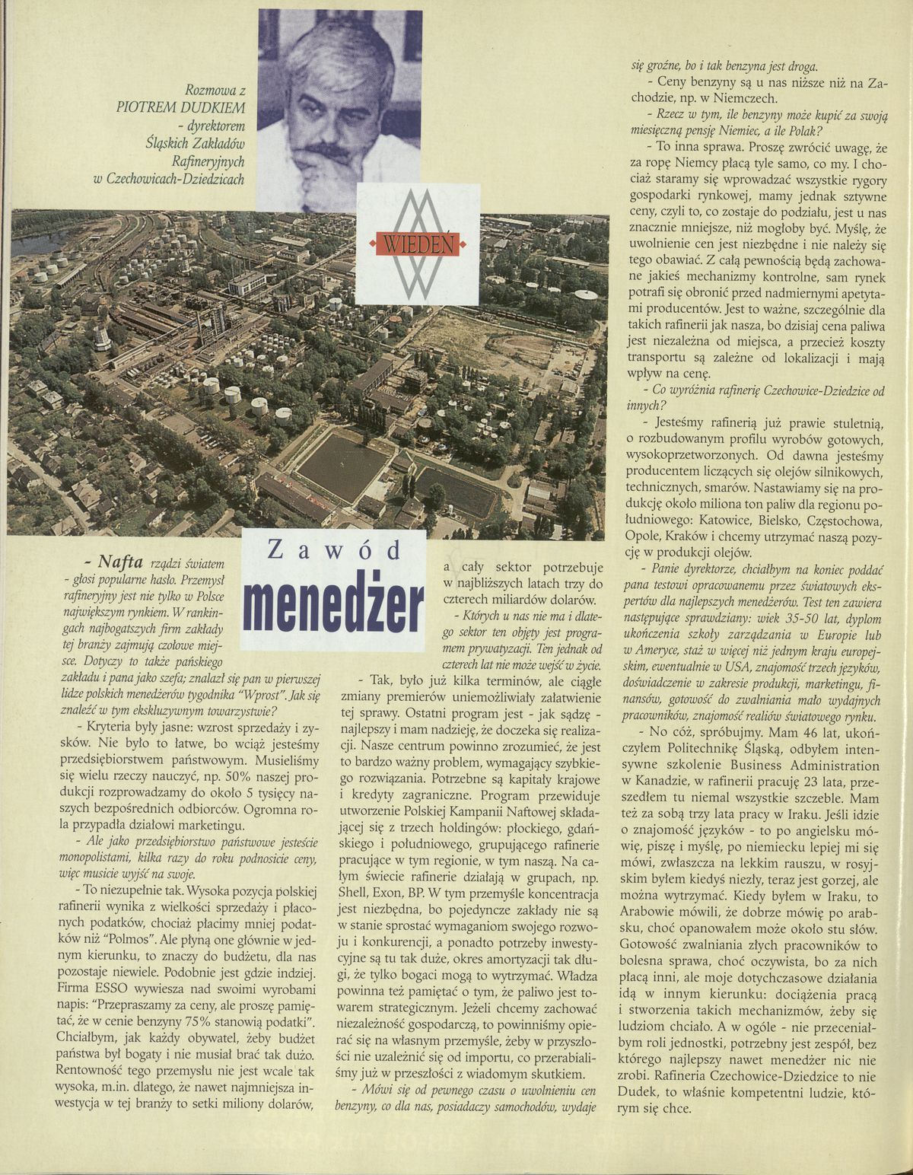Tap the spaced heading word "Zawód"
coord(336,551)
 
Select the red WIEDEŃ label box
coord(417,246)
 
